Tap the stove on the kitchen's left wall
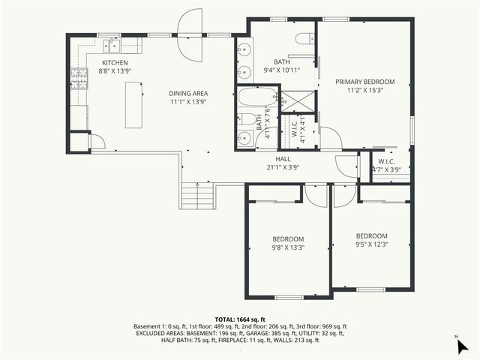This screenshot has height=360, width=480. pyautogui.click(x=79, y=75)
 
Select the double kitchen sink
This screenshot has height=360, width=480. pyautogui.click(x=109, y=40)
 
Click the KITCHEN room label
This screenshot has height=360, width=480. pyautogui.click(x=115, y=63)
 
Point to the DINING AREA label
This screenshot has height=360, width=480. pyautogui.click(x=188, y=92)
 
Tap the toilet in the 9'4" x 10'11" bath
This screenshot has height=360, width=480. pyautogui.click(x=304, y=39)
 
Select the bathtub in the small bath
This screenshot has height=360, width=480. pyautogui.click(x=257, y=97)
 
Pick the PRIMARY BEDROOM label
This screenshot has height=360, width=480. pyautogui.click(x=365, y=81)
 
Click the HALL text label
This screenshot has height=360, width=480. pyautogui.click(x=283, y=159)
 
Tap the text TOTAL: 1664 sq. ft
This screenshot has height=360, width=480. pyautogui.click(x=240, y=319)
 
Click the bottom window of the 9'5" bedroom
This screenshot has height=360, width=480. pyautogui.click(x=370, y=289)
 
